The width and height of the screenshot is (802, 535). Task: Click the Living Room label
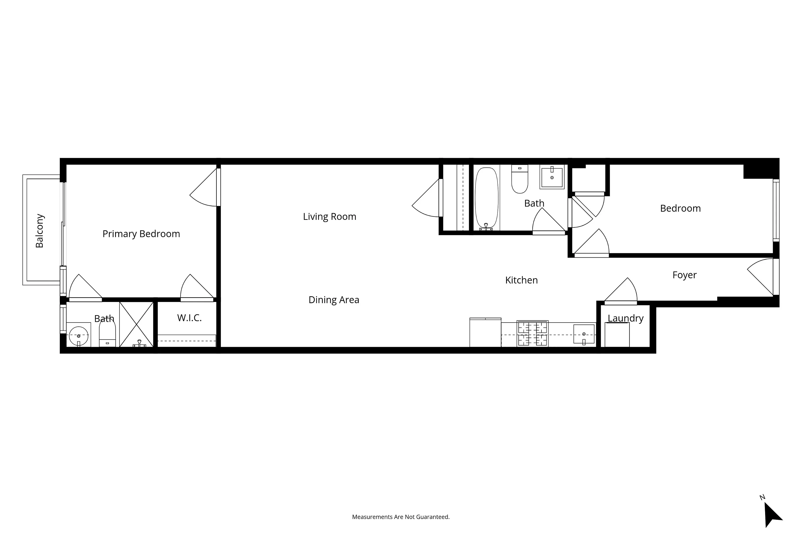tap(329, 217)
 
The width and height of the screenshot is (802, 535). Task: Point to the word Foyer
tap(684, 275)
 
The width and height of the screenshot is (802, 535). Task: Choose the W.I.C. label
tap(189, 318)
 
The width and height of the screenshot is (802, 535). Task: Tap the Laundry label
tap(625, 318)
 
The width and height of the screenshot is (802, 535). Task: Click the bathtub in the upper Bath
tap(486, 198)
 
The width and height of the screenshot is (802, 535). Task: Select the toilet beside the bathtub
tap(519, 179)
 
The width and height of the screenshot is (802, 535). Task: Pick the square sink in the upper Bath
tap(551, 177)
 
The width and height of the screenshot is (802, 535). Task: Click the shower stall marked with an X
tap(136, 324)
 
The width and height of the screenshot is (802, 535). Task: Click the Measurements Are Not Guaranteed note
tap(401, 517)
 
